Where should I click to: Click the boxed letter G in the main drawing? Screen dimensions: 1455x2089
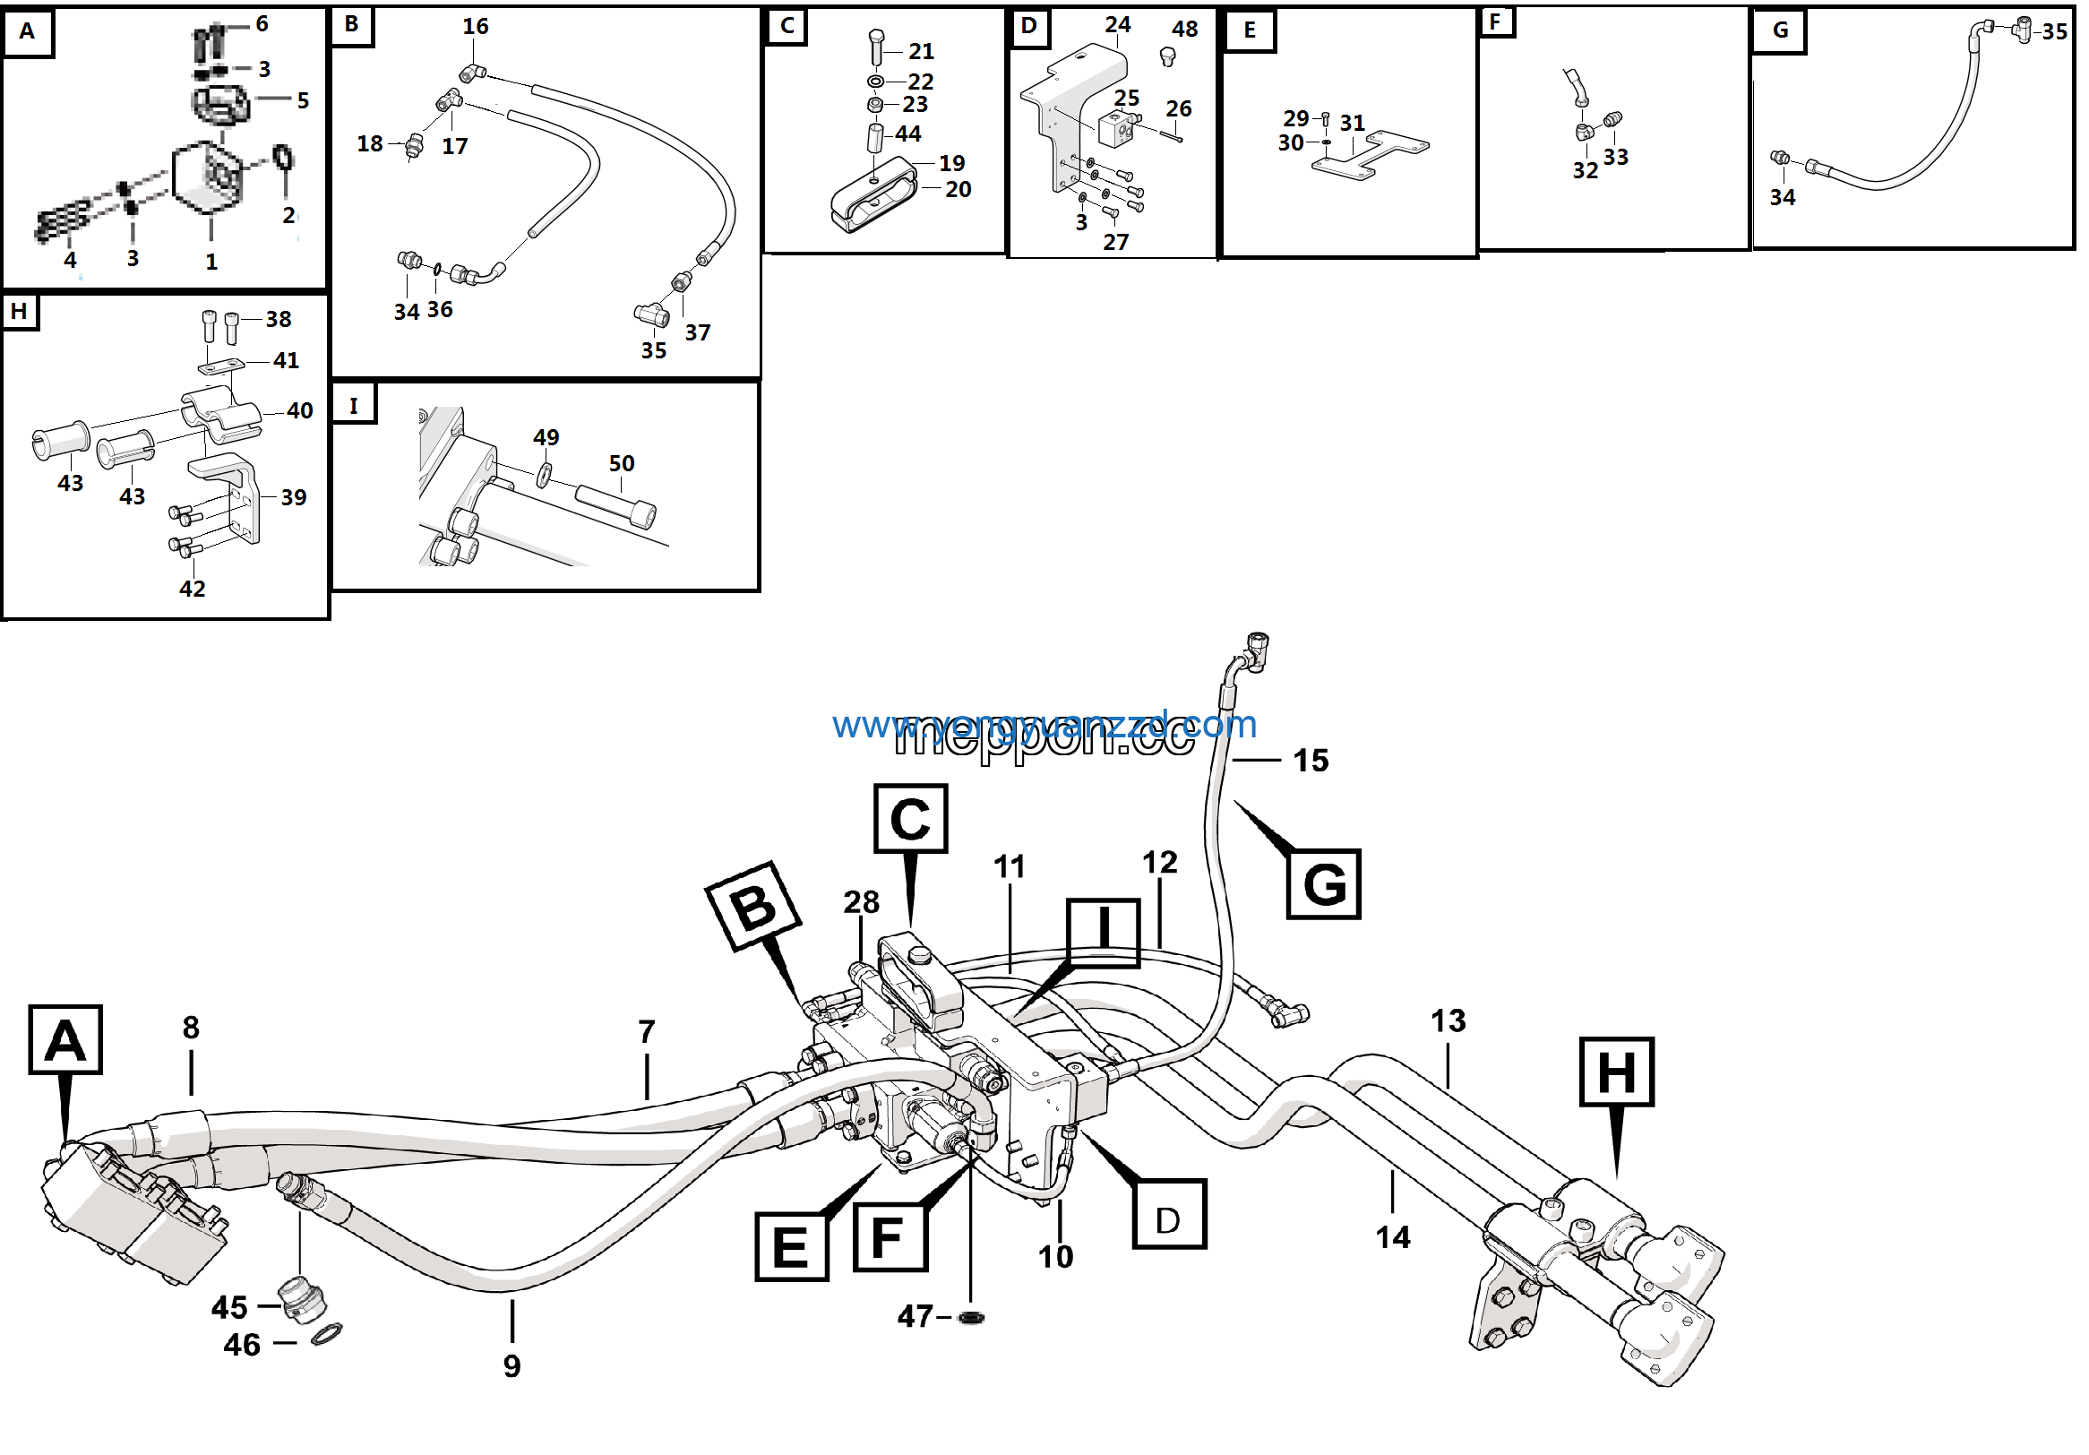1324,884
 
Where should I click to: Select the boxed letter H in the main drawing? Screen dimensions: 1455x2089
1616,1072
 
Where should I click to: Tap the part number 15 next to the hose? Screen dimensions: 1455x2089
1311,761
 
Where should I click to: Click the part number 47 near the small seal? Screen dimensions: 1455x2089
915,1317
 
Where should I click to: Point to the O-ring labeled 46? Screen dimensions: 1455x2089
327,1335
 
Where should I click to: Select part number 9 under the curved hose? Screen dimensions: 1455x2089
512,1365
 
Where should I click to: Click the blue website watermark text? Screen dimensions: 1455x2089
1044,725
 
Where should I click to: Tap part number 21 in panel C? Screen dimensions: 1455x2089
921,52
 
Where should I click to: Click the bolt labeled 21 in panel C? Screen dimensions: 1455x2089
876,46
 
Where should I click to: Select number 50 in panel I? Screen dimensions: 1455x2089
622,463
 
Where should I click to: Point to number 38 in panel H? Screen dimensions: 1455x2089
279,319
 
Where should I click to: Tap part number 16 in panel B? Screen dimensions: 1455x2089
475,26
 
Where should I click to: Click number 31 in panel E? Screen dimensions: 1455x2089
1352,123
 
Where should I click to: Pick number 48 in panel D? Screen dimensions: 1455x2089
1183,30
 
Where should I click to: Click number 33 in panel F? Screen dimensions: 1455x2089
1615,157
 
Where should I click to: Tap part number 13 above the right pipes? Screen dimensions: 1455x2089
1448,1021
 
